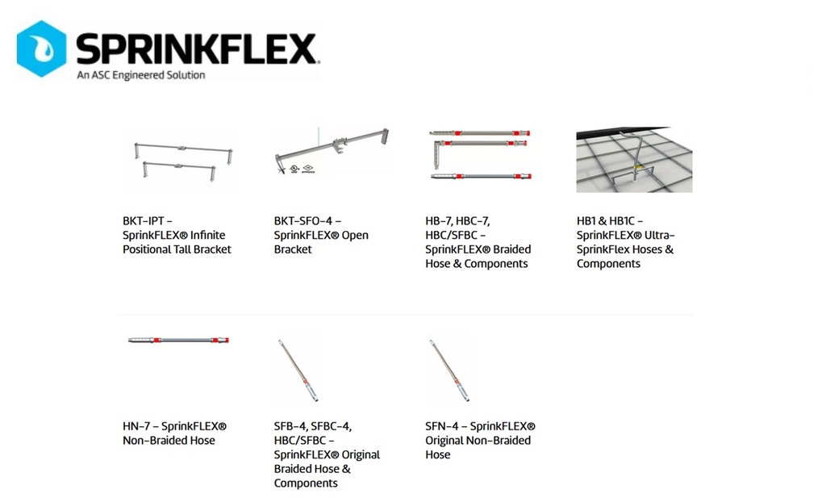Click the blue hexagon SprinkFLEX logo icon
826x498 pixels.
(x=42, y=48)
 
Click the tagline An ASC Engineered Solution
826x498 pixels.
(x=140, y=75)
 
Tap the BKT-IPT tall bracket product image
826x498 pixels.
(x=180, y=159)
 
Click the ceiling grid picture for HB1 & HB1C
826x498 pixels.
(x=634, y=159)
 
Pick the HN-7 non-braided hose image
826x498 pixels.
(x=178, y=340)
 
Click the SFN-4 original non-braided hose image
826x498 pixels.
(x=449, y=370)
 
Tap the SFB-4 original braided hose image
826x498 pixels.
(x=298, y=370)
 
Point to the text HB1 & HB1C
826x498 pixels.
(x=605, y=221)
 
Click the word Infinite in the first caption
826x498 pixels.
(x=207, y=235)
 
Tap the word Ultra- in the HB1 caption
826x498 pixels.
(x=661, y=235)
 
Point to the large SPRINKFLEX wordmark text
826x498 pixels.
(x=197, y=48)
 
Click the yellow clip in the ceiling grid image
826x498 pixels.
(x=638, y=168)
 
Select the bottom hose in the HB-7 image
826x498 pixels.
(x=481, y=176)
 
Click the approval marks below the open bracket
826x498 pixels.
(x=302, y=169)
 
